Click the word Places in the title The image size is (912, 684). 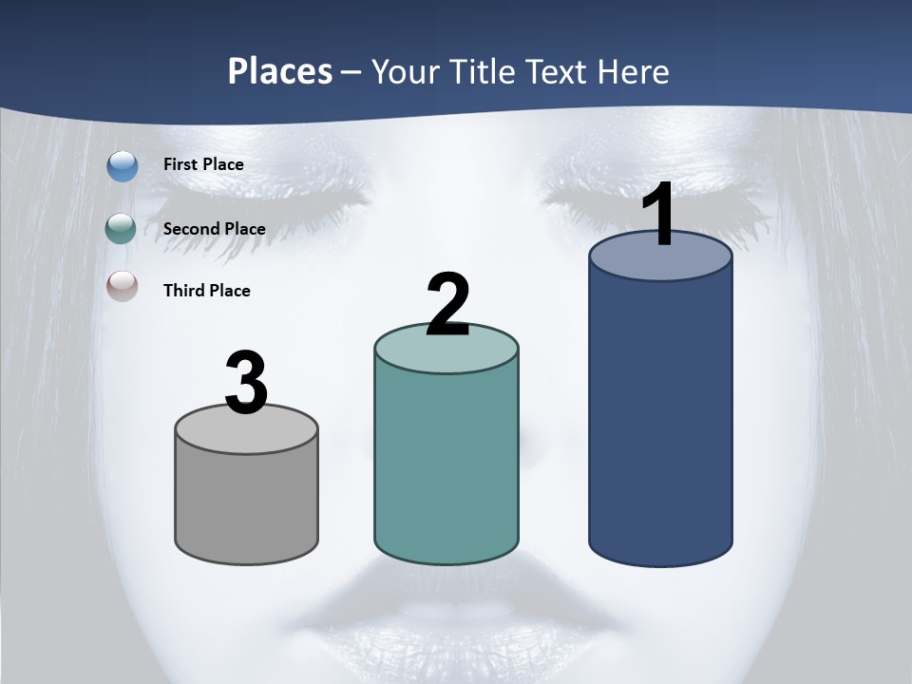click(280, 71)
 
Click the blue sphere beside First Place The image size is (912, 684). click(123, 166)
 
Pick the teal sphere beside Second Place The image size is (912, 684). click(122, 229)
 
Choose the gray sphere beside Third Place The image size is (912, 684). click(122, 286)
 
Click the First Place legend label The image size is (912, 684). click(203, 164)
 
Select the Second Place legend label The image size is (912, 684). click(214, 229)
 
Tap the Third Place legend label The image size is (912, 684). click(206, 291)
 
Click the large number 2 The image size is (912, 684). click(448, 305)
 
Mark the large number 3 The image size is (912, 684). click(247, 383)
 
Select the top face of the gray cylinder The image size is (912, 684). click(247, 432)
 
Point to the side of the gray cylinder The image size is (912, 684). click(247, 503)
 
